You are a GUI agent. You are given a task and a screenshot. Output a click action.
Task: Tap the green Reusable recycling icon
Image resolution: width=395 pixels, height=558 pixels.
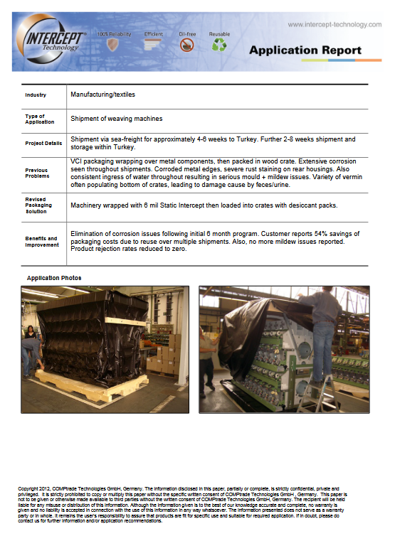[x=219, y=45]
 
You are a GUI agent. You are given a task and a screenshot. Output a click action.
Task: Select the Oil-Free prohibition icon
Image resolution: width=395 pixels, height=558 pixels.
[x=187, y=45]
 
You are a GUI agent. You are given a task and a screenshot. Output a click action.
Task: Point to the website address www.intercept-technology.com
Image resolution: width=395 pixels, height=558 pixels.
[x=335, y=24]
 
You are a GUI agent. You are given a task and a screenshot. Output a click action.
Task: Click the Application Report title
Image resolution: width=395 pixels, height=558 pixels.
[x=305, y=50]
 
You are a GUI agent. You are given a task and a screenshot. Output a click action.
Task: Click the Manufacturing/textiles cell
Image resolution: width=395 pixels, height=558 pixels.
[x=102, y=95]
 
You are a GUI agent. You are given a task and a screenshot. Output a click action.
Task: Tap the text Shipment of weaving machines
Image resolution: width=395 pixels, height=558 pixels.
[x=116, y=119]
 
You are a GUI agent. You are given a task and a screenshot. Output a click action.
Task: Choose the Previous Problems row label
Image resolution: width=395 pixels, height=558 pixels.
[x=37, y=173]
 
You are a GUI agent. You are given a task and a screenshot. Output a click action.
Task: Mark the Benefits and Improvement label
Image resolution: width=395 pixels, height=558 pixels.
[x=41, y=242]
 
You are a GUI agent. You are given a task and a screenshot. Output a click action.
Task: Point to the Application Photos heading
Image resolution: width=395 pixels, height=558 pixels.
[x=54, y=278]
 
